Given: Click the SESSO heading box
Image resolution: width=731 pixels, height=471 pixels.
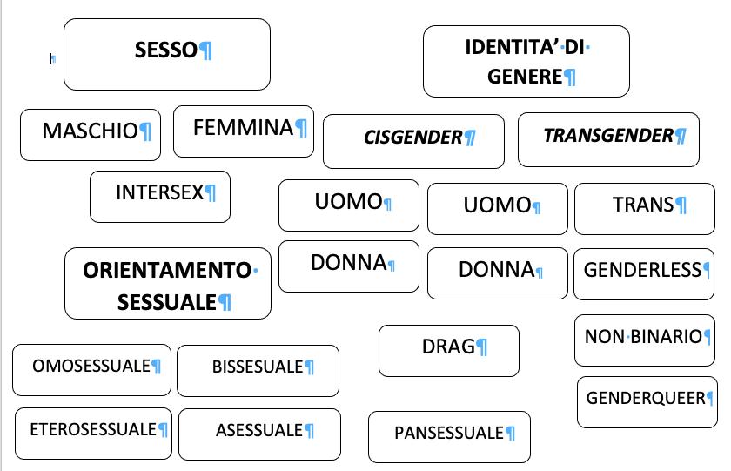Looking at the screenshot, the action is (x=166, y=54).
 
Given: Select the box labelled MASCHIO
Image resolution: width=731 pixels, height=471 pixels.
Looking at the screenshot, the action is (x=91, y=134).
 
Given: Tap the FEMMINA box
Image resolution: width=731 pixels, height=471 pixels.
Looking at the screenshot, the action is (x=244, y=131).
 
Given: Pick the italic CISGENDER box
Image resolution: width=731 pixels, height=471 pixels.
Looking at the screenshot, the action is (x=413, y=140).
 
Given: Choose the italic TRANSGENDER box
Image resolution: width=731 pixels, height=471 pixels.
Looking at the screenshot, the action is (x=608, y=138).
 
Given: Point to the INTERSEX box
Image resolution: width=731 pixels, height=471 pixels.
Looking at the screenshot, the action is (x=160, y=196).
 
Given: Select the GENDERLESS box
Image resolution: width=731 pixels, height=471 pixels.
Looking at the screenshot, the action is (x=642, y=273).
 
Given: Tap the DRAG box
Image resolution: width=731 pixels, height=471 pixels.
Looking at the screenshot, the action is (x=448, y=350).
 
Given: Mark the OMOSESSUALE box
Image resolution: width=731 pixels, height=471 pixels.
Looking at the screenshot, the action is (x=91, y=369).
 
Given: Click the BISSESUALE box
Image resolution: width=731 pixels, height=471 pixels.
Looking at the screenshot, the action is (x=258, y=370).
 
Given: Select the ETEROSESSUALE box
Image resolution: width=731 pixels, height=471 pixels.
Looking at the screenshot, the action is (x=93, y=433).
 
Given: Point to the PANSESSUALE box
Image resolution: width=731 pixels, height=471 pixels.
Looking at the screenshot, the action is (x=449, y=436).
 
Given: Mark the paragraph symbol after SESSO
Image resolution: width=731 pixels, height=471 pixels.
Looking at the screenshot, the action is (x=206, y=51).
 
